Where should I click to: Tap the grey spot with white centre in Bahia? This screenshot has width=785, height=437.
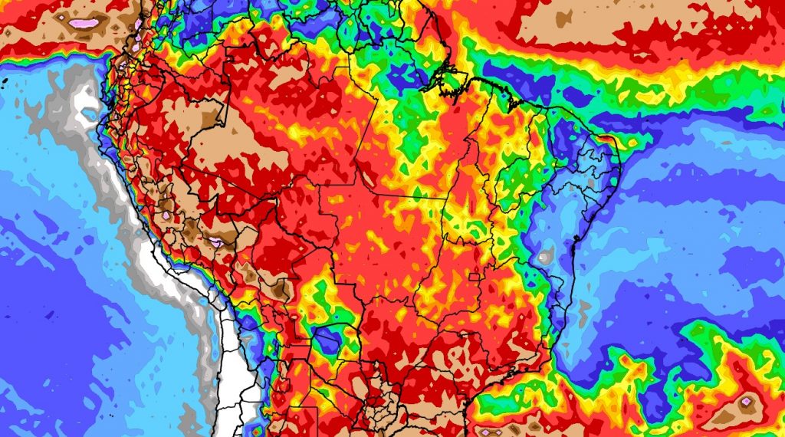click(x=544, y=258)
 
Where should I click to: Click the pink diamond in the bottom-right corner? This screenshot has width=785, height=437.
click(x=746, y=401)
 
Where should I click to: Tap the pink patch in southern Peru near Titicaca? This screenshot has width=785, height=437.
click(x=216, y=244)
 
